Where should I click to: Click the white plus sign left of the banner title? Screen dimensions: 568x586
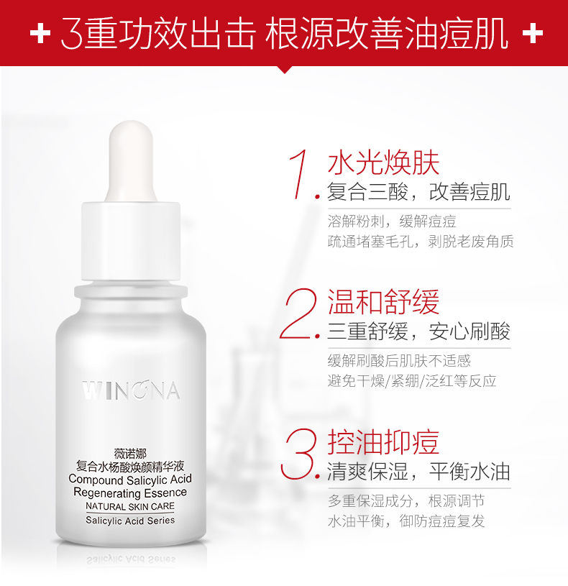(x=40, y=33)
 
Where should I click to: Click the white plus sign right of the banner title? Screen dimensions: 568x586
(x=533, y=33)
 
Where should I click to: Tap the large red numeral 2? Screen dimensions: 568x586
(x=298, y=313)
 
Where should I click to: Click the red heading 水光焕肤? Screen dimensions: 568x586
(x=383, y=163)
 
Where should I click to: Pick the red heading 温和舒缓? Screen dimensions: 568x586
(x=383, y=302)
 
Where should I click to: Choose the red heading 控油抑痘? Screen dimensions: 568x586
(x=383, y=441)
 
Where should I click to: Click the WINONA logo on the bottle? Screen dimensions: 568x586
(x=131, y=390)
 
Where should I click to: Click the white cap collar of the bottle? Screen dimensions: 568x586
(x=131, y=241)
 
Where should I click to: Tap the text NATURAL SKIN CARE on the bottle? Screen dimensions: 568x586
(x=130, y=506)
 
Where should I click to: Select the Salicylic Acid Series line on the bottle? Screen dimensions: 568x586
(x=130, y=521)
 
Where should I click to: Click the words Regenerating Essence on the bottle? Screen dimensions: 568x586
(x=130, y=493)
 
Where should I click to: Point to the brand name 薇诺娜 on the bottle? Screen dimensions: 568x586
(x=130, y=454)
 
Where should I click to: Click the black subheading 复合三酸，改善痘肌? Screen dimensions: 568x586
(x=419, y=192)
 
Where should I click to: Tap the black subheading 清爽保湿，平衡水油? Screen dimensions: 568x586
(x=419, y=471)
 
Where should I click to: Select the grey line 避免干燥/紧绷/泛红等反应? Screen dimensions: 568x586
(x=412, y=381)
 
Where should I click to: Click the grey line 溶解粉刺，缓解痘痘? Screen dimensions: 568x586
(x=392, y=221)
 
